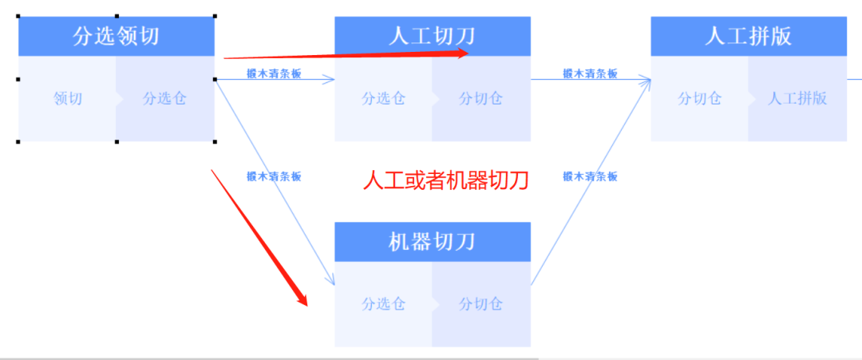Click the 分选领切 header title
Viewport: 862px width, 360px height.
(116, 37)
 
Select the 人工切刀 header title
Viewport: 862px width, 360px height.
(432, 37)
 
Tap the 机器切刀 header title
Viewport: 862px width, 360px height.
(432, 242)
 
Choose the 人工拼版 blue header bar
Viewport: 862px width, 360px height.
(749, 37)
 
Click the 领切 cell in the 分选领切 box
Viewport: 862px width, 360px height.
(68, 99)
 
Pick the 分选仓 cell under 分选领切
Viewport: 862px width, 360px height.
(165, 99)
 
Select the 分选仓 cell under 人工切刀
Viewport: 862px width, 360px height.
(384, 99)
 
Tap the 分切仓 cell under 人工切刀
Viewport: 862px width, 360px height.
(481, 99)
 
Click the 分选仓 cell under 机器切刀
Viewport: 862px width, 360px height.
(384, 304)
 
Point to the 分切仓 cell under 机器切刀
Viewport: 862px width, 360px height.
(481, 304)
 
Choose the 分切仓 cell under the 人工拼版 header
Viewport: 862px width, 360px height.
(700, 99)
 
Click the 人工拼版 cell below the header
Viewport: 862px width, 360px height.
(797, 99)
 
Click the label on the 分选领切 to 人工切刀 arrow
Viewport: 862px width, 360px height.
(275, 73)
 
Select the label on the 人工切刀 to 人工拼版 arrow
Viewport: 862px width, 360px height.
(591, 73)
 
